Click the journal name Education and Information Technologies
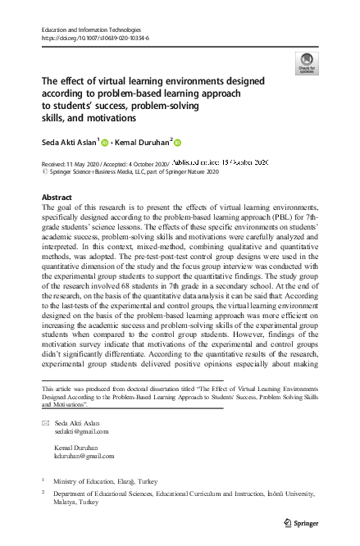[x=89, y=30]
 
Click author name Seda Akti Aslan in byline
[x=69, y=142]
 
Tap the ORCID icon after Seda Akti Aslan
[x=105, y=142]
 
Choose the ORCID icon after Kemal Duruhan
[x=175, y=142]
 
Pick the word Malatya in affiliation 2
[x=66, y=503]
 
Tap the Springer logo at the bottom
[x=303, y=522]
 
